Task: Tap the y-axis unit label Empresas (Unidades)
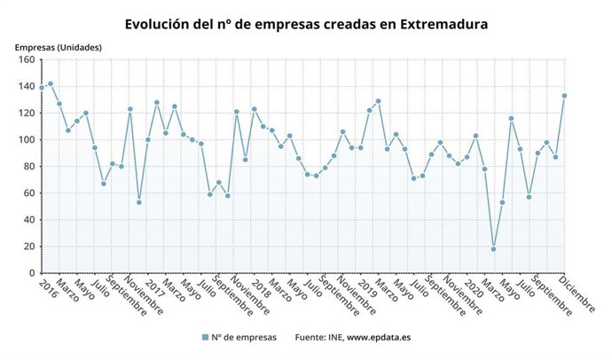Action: point(58,46)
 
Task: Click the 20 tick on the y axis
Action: point(27,247)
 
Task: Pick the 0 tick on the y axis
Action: point(30,273)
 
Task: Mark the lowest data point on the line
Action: point(493,249)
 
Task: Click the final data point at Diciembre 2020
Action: point(564,96)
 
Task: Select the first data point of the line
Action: point(42,88)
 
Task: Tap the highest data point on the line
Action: point(51,84)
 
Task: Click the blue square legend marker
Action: point(205,337)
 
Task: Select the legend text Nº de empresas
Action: point(245,337)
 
